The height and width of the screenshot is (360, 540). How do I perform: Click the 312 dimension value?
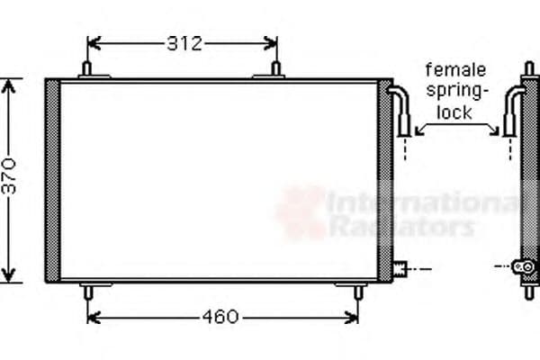184,42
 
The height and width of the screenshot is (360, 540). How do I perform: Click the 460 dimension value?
220,316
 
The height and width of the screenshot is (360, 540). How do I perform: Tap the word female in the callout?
455,69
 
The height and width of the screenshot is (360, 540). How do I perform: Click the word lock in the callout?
454,111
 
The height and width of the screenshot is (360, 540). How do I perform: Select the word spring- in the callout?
457,90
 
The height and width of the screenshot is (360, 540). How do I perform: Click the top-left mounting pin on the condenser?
87,70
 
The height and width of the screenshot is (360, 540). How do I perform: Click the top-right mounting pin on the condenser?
276,70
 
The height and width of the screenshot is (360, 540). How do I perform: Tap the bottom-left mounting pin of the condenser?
87,291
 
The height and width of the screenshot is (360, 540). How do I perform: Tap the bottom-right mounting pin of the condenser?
357,291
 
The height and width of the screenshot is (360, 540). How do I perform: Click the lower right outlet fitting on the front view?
400,267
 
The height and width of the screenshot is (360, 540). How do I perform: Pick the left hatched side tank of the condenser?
52,180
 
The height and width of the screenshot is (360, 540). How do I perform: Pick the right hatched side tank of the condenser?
385,180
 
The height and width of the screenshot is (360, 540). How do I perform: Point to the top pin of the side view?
530,68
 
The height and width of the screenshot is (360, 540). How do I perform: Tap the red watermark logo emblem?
301,212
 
